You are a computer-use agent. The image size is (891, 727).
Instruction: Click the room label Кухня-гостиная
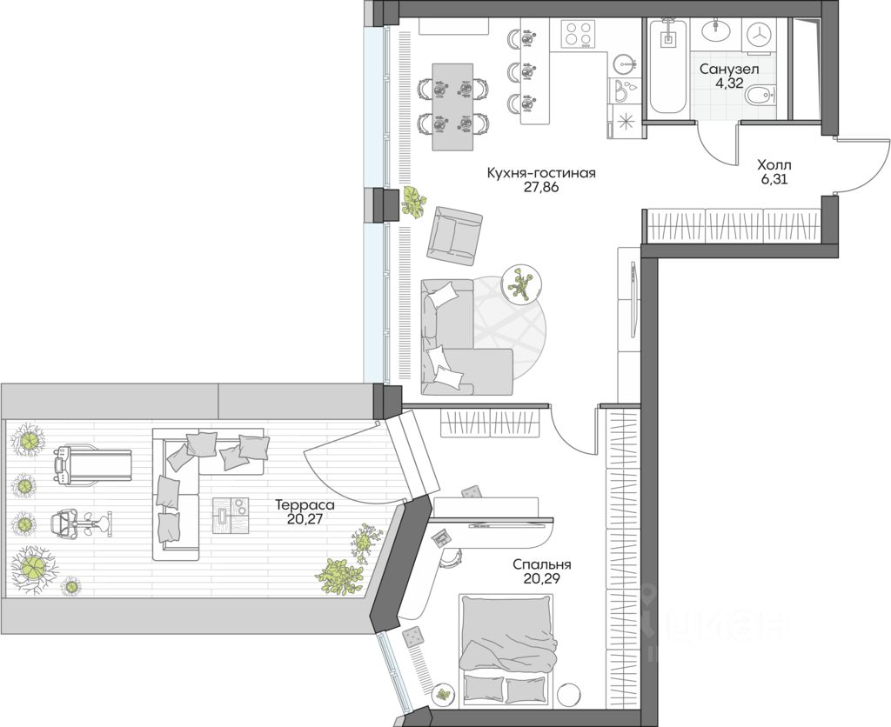(540, 173)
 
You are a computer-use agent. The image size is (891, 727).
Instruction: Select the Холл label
(774, 165)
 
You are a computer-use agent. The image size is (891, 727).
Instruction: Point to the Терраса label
(305, 504)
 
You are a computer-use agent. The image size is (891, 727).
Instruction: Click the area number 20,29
(541, 579)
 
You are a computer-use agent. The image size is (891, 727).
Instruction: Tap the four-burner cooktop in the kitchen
(578, 34)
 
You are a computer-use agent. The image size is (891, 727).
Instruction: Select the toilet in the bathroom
(760, 94)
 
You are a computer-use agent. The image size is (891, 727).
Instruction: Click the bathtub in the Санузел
(668, 65)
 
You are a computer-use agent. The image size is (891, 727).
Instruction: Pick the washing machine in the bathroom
(759, 35)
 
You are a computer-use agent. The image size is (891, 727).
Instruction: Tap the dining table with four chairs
(452, 107)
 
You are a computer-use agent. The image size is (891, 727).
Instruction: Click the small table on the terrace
(231, 515)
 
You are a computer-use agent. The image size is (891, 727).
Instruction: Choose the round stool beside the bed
(567, 695)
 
